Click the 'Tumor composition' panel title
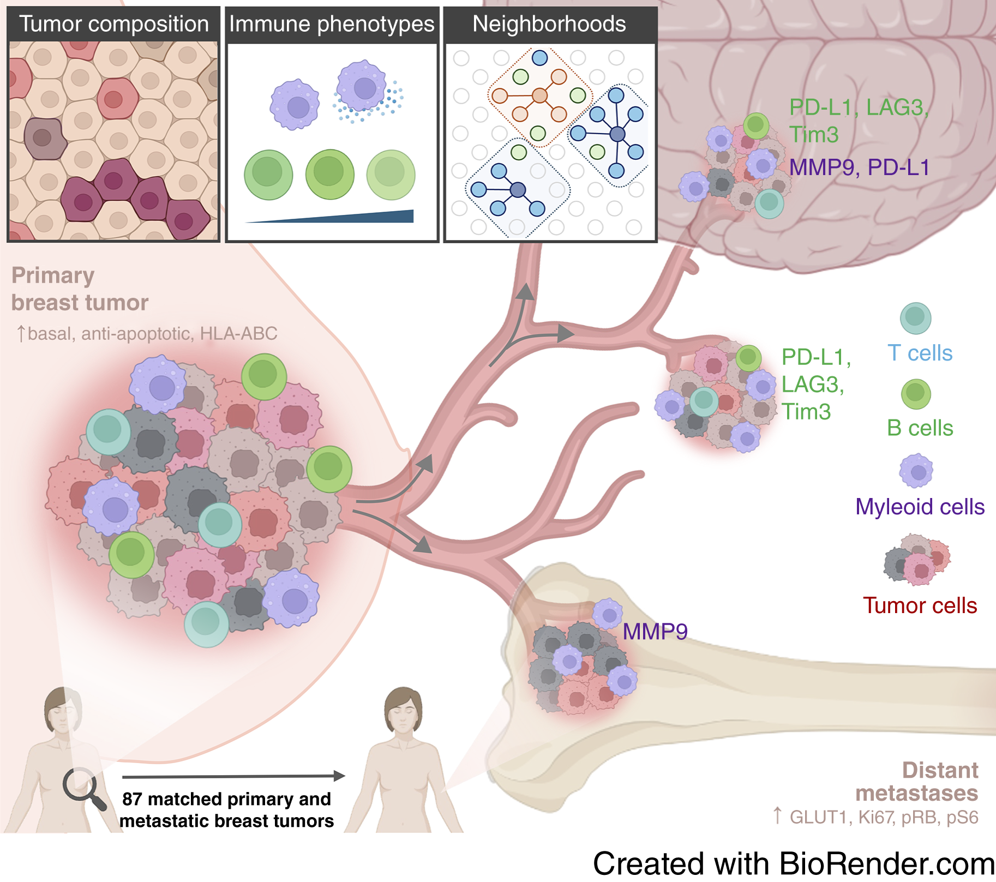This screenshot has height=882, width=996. point(113,24)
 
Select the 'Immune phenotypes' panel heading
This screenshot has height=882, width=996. point(332,24)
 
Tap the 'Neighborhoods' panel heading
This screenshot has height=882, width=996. point(549,24)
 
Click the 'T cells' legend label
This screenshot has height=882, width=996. point(920,353)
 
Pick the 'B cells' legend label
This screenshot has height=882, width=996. point(920,428)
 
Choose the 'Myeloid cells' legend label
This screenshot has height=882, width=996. point(920,507)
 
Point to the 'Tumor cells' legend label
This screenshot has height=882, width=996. point(920,605)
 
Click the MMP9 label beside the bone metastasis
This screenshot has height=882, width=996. point(655,632)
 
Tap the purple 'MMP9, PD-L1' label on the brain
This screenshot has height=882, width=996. point(859,167)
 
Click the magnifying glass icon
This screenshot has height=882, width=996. point(83,788)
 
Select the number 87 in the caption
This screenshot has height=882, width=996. point(132,799)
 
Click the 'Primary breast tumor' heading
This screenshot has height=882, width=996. point(80,289)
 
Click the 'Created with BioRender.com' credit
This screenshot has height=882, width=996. point(794,864)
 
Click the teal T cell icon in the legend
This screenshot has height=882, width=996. point(915,318)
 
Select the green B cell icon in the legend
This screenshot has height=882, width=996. point(916,394)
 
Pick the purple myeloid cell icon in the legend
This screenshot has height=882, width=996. point(916,471)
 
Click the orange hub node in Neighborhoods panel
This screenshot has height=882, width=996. point(539,96)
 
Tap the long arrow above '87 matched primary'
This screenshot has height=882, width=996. point(233,776)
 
